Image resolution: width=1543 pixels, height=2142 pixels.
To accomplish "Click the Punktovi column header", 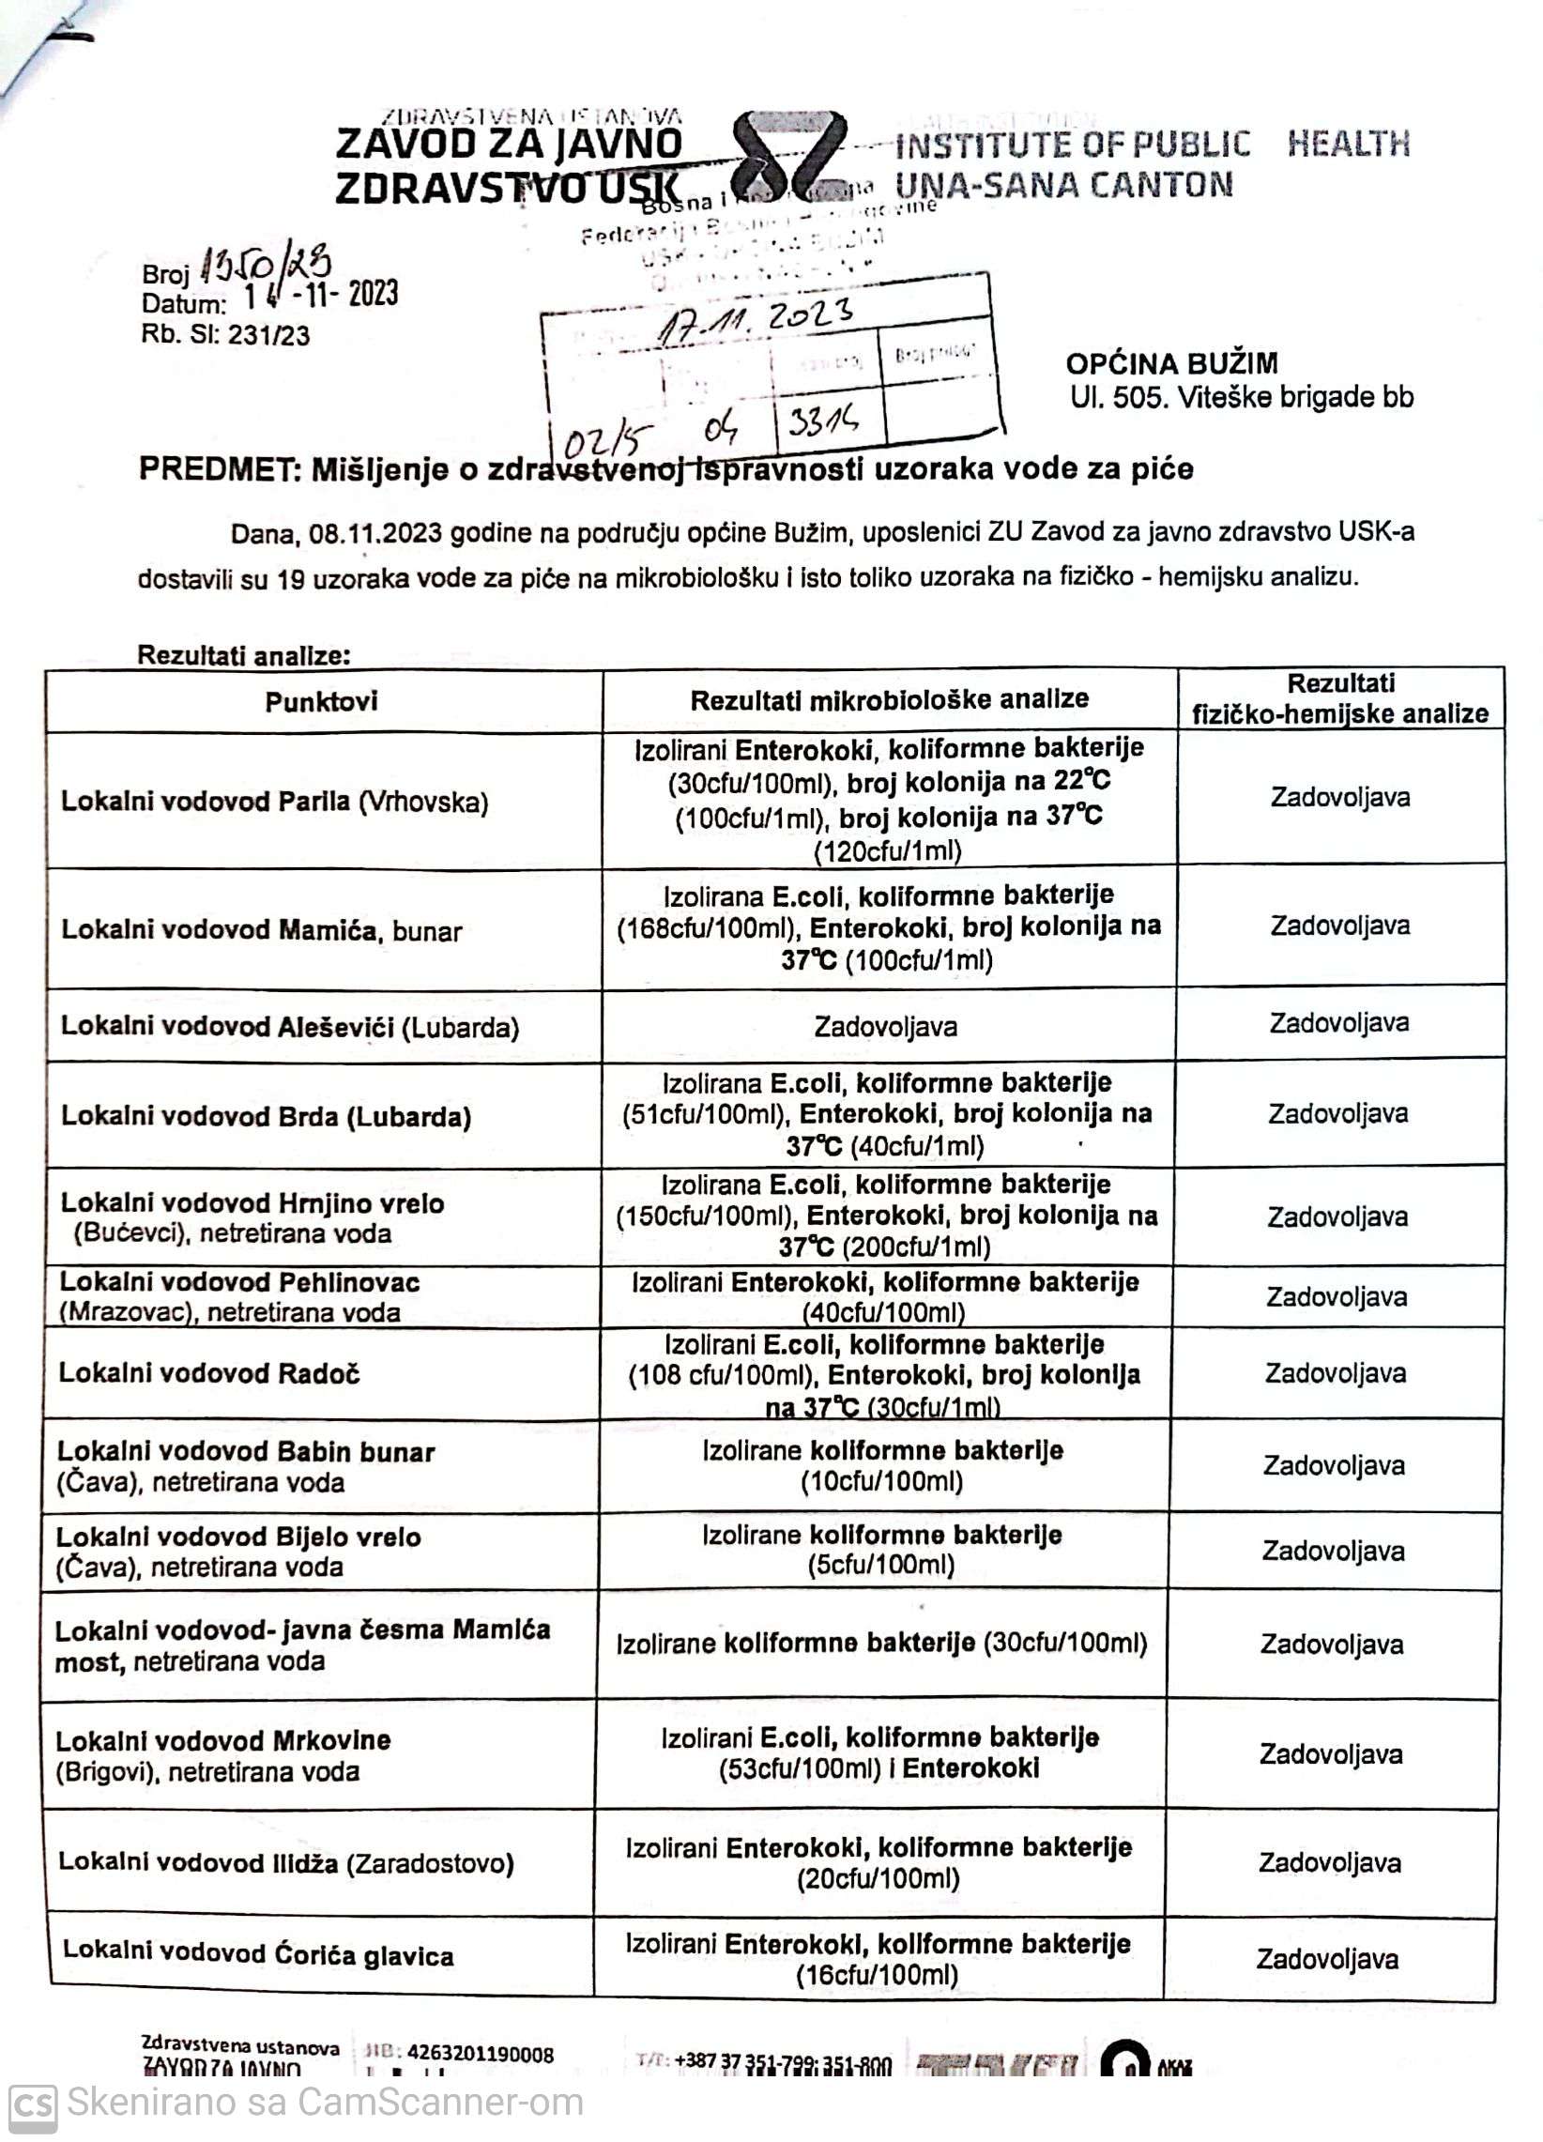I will tap(321, 702).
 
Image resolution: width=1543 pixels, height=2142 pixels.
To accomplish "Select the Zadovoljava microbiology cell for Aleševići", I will tap(886, 1027).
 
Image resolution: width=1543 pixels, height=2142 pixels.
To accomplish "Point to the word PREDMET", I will tap(218, 469).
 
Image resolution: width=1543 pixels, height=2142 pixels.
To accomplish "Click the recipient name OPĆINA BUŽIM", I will tap(1172, 363).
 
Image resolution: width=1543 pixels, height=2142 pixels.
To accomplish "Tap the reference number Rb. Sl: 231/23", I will tap(225, 335).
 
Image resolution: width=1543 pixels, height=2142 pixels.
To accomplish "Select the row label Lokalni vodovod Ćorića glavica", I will tap(258, 1954).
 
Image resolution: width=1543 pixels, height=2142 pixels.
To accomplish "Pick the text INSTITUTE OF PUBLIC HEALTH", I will tap(1152, 145).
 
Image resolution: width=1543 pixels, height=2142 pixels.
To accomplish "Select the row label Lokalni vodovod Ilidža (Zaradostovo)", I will tap(286, 1862).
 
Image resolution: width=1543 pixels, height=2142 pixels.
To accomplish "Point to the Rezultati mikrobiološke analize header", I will tap(890, 700).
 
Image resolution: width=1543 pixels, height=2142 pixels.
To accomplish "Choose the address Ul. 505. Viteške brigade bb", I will tap(1242, 398).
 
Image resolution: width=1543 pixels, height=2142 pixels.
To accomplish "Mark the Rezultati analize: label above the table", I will tap(244, 655).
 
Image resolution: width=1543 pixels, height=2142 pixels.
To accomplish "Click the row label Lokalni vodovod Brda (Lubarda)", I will tap(267, 1116).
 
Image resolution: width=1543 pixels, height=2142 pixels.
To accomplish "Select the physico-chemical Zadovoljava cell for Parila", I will tap(1340, 797).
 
